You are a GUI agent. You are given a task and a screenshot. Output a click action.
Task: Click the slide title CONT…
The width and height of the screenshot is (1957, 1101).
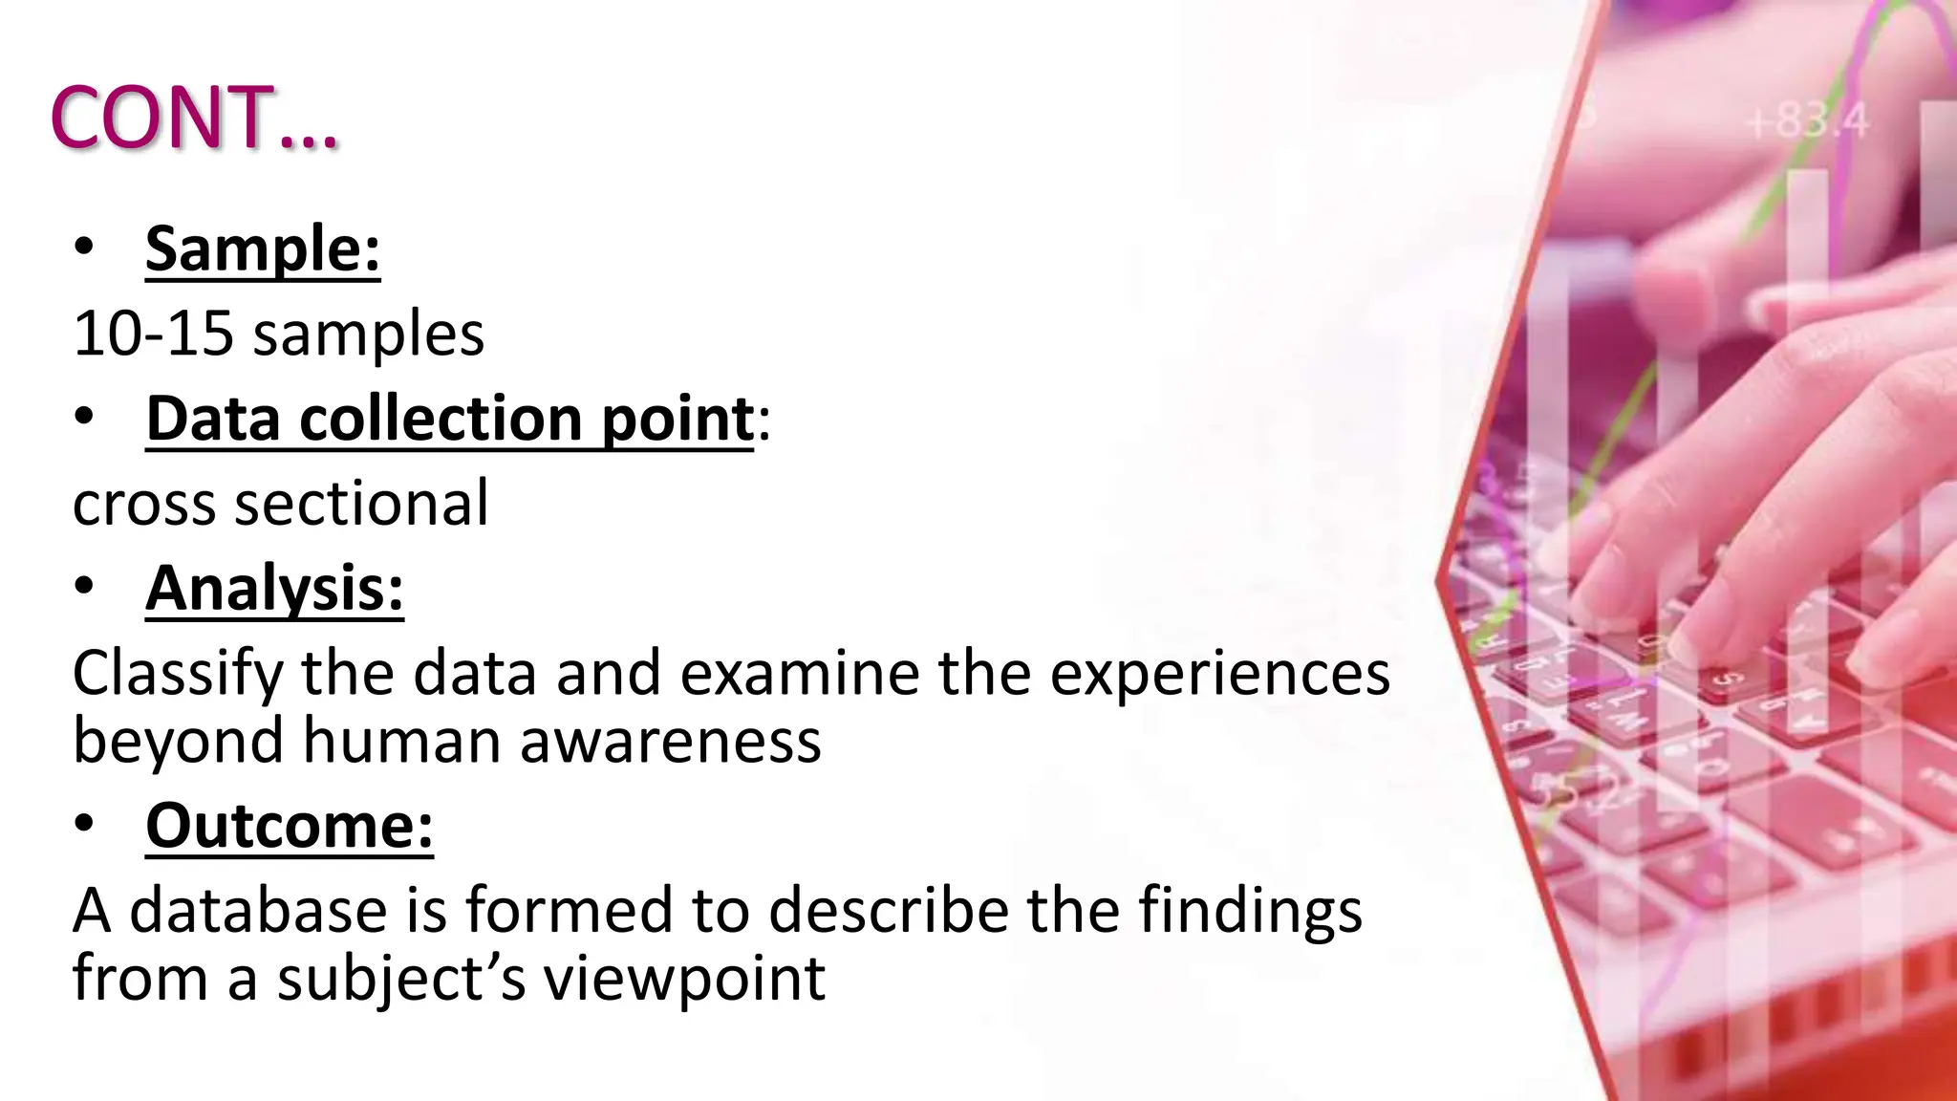194,118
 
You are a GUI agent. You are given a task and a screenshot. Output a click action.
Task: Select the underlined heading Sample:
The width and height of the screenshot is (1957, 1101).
263,249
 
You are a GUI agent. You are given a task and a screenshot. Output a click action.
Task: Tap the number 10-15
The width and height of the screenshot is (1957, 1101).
153,335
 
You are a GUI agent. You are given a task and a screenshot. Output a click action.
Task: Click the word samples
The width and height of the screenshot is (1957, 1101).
369,335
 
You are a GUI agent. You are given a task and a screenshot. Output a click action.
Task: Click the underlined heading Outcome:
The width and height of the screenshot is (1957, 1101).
290,825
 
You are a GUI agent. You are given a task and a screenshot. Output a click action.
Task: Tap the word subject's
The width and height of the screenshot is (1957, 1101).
401,979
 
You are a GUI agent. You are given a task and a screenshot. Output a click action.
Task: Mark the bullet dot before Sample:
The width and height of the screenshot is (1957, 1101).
84,248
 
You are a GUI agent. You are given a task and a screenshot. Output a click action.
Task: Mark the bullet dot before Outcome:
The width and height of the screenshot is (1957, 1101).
84,823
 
